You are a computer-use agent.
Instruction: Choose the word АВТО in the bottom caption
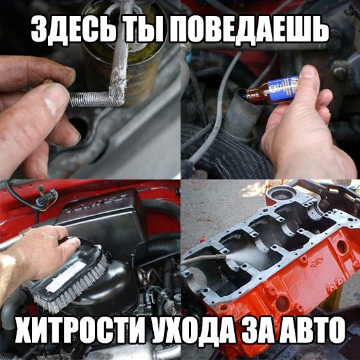point(311,330)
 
